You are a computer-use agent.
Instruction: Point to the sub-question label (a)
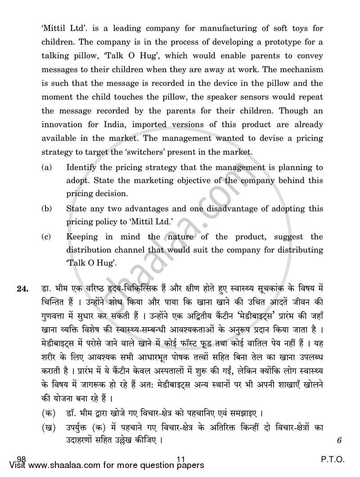tap(46, 167)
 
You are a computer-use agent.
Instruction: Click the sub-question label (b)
tap(46, 209)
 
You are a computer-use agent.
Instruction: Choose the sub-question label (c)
tap(46, 237)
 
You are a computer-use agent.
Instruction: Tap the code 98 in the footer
tap(21, 459)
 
